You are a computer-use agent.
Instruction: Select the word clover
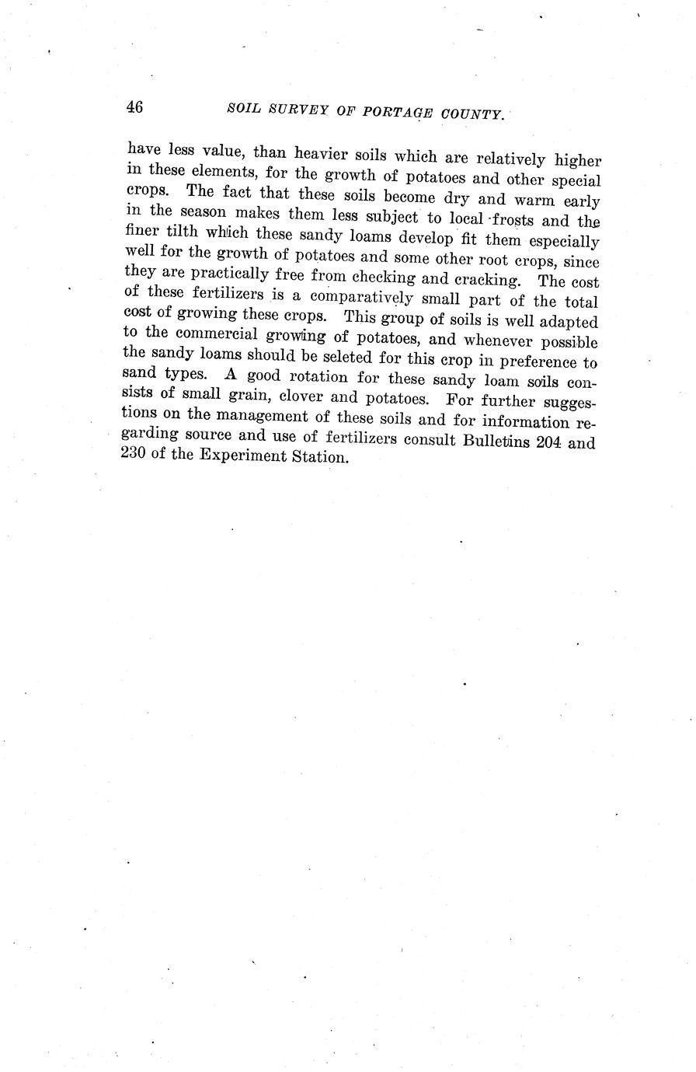click(x=287, y=401)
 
